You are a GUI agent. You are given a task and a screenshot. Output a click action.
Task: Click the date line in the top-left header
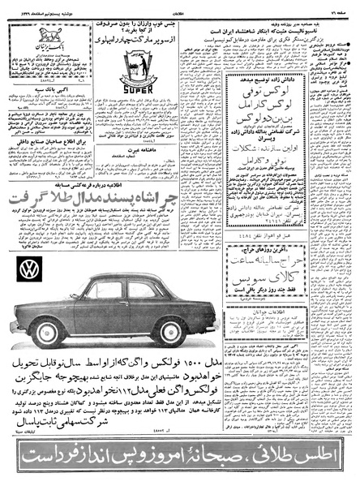click(41, 6)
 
